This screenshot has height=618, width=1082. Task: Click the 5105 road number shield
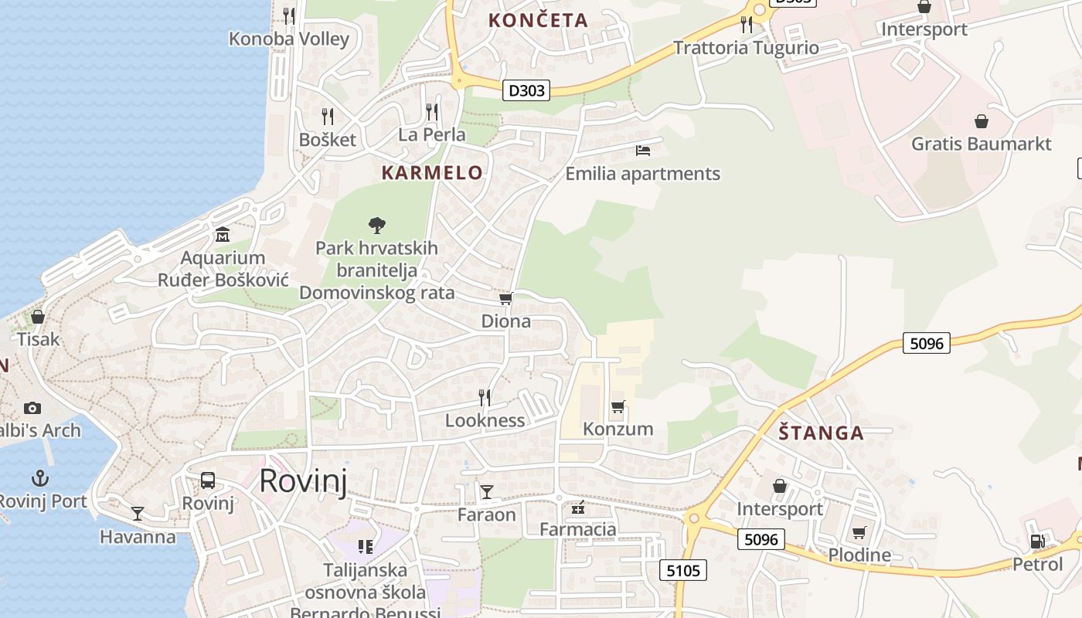(x=683, y=571)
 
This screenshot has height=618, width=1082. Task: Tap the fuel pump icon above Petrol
(x=1037, y=542)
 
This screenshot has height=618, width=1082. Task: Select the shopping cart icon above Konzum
(x=618, y=406)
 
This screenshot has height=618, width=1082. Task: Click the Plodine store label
(x=859, y=555)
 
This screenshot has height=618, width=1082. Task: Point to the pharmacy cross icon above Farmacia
(x=577, y=508)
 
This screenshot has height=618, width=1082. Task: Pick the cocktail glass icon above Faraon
(x=486, y=492)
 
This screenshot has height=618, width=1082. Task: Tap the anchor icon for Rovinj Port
(x=39, y=478)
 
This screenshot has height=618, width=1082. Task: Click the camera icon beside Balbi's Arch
(x=32, y=408)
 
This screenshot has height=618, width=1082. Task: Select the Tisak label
(x=38, y=338)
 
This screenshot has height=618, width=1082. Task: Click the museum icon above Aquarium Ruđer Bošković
(x=223, y=234)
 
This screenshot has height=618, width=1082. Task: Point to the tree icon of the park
(x=376, y=226)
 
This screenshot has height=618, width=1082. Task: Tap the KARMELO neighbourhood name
(x=432, y=173)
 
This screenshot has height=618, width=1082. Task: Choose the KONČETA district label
(x=538, y=21)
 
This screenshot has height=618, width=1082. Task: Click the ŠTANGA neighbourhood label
(x=821, y=433)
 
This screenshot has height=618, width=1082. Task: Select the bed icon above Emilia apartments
(x=643, y=151)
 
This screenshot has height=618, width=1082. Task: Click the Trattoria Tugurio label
(x=746, y=48)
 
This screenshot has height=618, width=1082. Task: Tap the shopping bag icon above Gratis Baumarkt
(x=981, y=121)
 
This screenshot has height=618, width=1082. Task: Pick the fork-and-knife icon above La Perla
(x=432, y=113)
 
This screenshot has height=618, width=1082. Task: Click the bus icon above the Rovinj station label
(x=208, y=480)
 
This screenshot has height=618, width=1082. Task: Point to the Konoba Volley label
(x=289, y=39)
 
